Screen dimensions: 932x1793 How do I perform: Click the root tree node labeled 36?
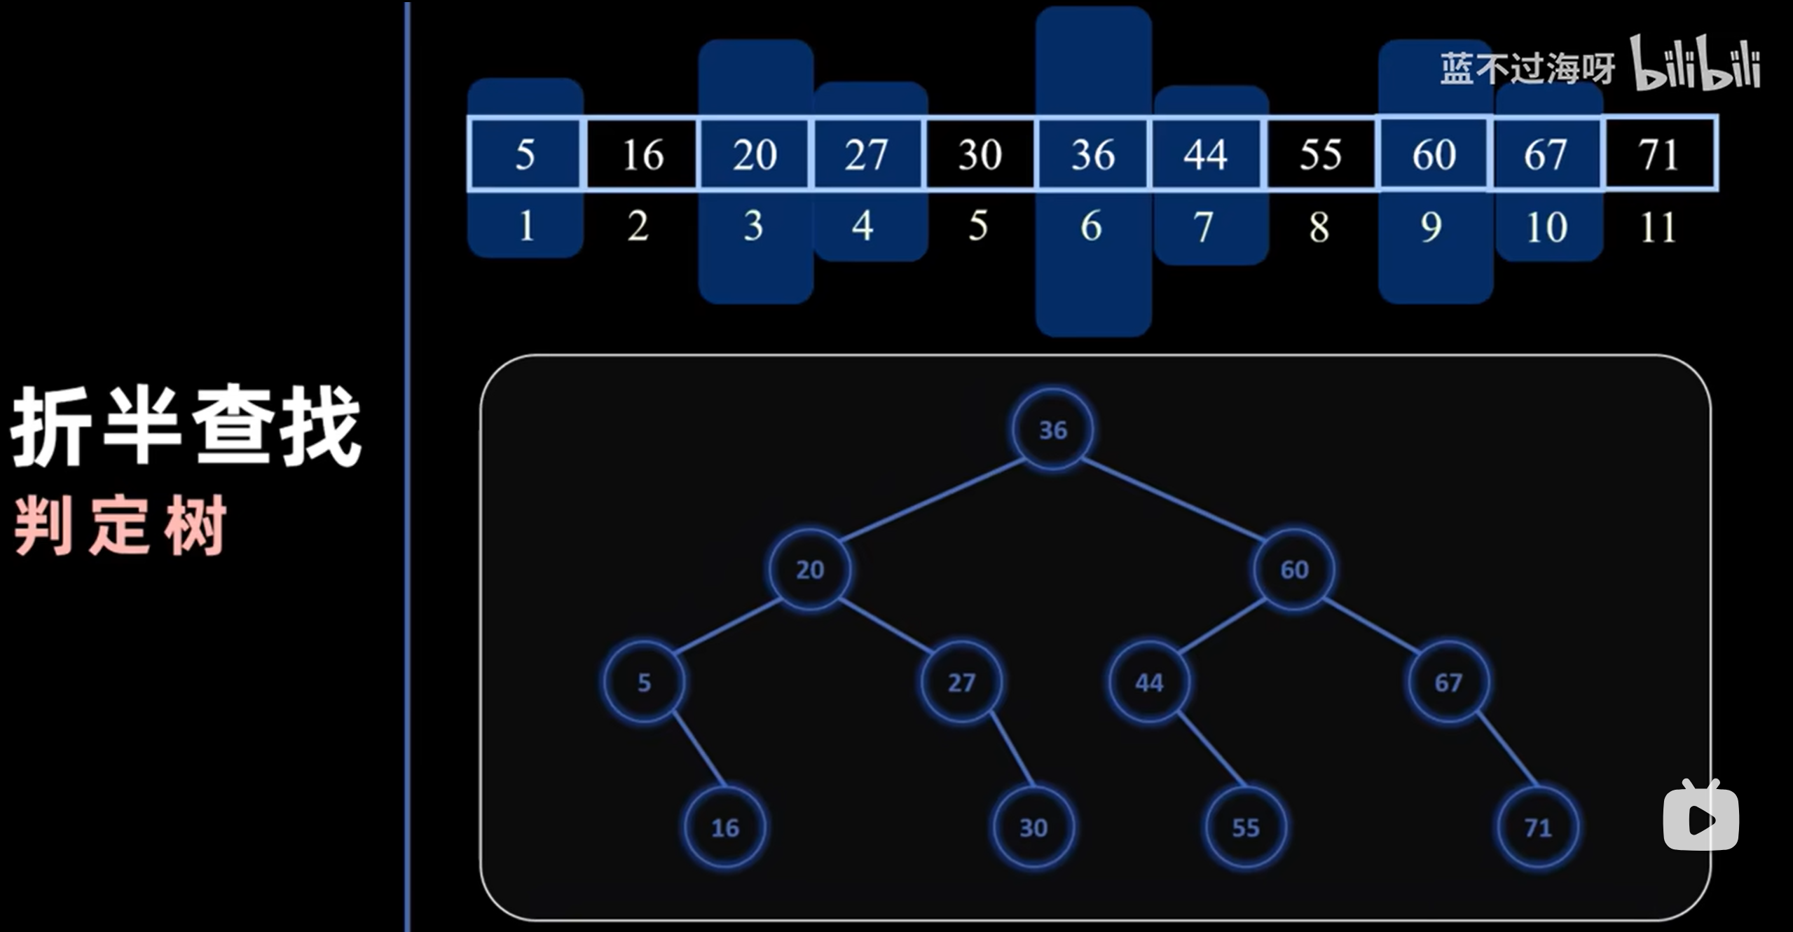tap(1052, 430)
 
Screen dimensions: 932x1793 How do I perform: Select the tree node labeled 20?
tap(810, 569)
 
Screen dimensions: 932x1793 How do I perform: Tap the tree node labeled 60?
tap(1294, 569)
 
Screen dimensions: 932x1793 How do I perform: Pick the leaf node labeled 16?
tap(725, 828)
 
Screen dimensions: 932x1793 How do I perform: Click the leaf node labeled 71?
tap(1538, 828)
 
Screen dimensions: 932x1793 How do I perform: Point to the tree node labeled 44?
tap(1149, 682)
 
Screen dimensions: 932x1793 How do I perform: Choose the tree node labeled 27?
tap(961, 682)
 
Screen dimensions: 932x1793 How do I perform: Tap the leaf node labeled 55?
tap(1246, 828)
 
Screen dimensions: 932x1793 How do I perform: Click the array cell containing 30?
tap(980, 154)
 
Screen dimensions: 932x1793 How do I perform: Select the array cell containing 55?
tap(1320, 154)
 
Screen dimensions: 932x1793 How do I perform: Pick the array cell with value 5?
tap(525, 154)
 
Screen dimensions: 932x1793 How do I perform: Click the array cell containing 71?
tap(1658, 154)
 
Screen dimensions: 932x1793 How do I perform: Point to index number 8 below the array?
tap(1319, 227)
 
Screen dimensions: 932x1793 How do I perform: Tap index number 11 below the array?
tap(1658, 227)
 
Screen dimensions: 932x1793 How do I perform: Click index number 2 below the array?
tap(638, 226)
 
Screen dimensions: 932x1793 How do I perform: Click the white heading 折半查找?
tap(186, 426)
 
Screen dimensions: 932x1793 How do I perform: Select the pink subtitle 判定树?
tap(121, 525)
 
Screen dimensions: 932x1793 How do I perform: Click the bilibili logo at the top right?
tap(1696, 65)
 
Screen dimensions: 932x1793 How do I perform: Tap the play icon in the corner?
tap(1701, 816)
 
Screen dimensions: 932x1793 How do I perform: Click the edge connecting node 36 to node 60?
tap(1174, 500)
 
